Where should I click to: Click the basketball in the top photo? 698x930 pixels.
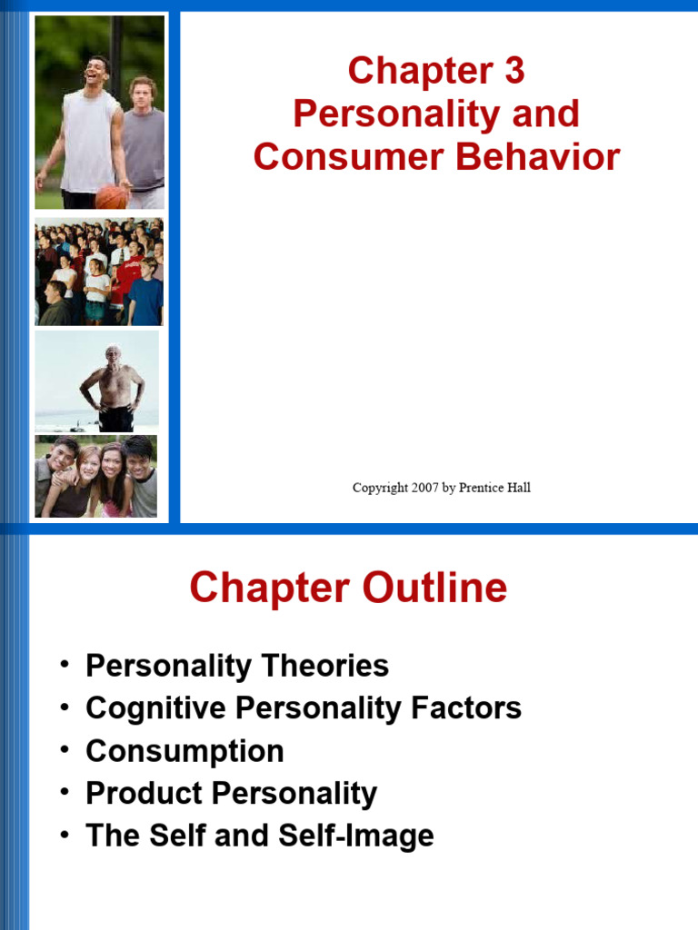click(x=111, y=196)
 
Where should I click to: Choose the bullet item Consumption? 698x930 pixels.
click(x=184, y=751)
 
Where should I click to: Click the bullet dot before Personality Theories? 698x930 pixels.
click(x=65, y=664)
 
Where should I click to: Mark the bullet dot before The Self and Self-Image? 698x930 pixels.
click(x=65, y=835)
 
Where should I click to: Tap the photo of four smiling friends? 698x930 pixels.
click(x=96, y=476)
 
